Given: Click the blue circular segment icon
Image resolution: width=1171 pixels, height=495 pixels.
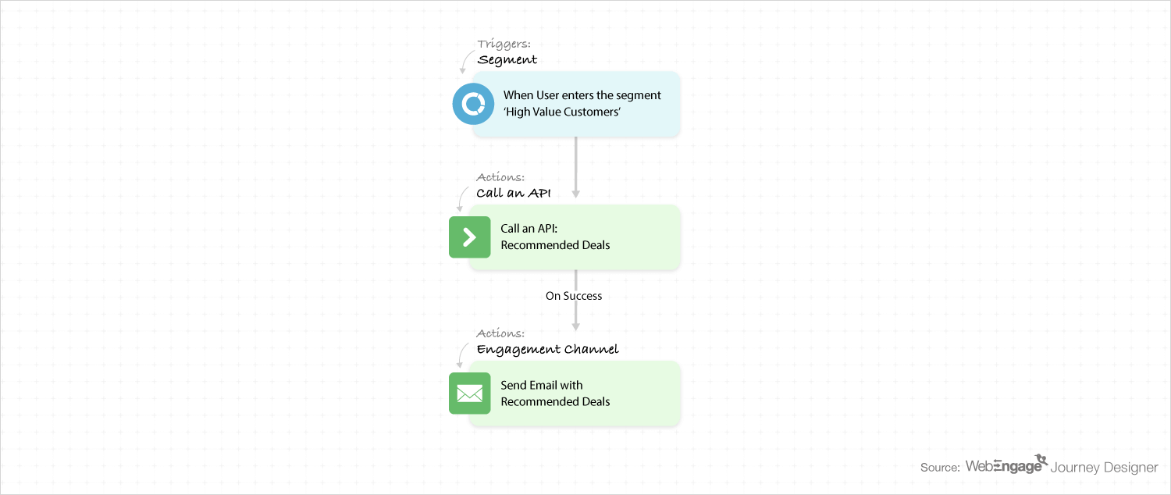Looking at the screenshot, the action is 473,104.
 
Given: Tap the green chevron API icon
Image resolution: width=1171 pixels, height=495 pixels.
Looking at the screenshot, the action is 469,237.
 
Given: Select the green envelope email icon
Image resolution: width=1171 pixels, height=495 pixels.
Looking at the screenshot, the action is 469,393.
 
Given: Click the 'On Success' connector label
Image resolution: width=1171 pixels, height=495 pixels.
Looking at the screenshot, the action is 574,296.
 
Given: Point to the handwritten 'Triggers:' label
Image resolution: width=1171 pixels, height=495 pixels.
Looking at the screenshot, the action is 504,44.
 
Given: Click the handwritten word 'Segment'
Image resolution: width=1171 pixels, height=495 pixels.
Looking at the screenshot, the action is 507,60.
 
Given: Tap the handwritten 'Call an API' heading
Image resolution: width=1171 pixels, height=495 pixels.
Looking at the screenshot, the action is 514,193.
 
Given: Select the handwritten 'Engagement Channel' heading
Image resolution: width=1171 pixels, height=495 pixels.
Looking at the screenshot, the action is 547,349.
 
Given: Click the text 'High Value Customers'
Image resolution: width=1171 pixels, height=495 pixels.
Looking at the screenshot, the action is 562,112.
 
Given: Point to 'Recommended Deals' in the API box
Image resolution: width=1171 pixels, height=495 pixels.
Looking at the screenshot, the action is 555,245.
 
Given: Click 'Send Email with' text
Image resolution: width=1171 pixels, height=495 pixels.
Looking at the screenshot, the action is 542,385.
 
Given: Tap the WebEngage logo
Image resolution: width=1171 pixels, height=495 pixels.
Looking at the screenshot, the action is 1006,465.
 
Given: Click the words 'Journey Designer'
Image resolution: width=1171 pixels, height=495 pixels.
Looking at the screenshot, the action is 1104,468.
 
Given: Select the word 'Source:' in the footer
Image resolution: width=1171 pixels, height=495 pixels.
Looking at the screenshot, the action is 940,468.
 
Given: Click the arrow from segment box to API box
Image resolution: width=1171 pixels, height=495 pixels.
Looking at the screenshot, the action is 575,167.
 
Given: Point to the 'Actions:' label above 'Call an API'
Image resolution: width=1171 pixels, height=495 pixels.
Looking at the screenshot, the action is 500,177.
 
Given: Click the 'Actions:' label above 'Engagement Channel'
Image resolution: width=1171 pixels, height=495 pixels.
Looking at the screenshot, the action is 500,333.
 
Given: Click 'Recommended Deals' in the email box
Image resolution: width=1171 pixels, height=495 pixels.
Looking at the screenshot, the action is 555,402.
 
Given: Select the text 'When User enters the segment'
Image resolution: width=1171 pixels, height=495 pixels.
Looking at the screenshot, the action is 582,95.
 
